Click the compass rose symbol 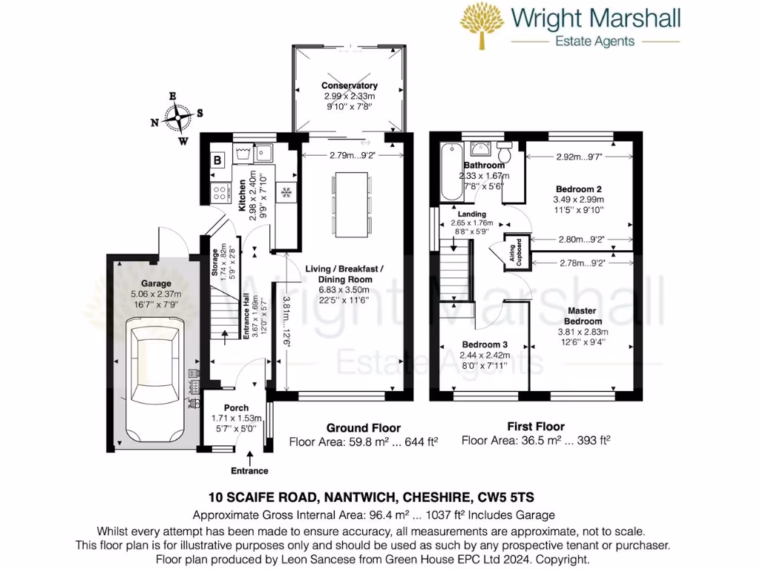177,117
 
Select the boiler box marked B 217,160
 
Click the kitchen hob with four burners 220,193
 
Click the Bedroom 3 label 485,344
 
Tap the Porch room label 235,408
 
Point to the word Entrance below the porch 249,471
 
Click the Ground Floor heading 364,427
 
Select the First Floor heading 535,426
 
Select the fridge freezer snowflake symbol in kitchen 286,192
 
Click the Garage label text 157,284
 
